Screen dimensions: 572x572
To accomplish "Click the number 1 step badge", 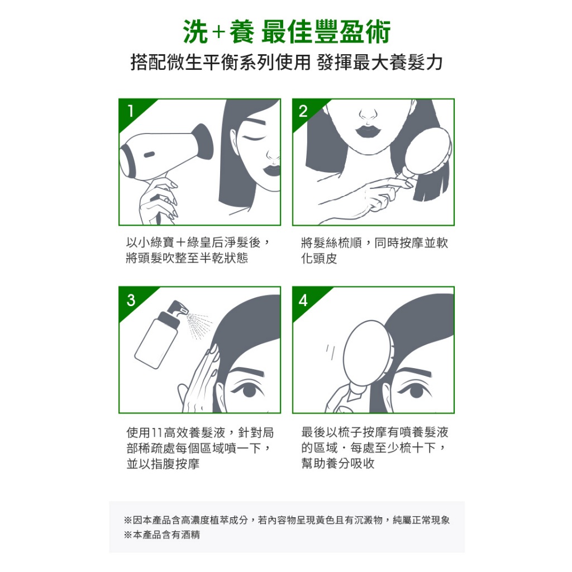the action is coord(130,111).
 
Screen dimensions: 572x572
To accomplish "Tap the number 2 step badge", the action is coord(303,111).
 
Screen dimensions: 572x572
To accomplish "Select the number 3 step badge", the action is coord(131,300).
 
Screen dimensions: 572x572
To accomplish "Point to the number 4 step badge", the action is coord(303,300).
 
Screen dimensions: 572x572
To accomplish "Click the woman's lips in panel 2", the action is coord(369,130).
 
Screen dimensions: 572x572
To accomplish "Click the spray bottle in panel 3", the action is coord(160,335).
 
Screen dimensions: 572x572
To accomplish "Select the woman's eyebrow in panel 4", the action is coord(414,373).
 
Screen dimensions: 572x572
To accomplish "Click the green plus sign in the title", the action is coord(218,32).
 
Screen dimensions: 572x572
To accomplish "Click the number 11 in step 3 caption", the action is coord(156,433).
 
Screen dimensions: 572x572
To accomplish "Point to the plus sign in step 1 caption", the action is coord(181,242).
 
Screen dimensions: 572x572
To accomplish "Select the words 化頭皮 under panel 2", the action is coord(319,258).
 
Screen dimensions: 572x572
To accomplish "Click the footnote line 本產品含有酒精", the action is coord(166,535).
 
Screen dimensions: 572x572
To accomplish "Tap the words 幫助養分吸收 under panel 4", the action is coord(338,463).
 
